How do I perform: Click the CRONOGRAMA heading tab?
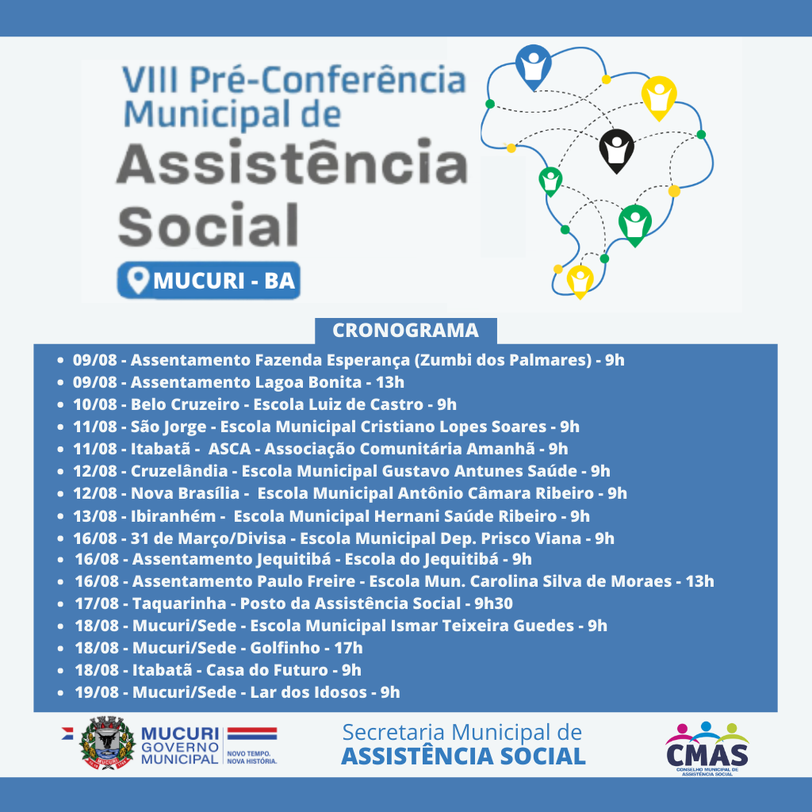pyautogui.click(x=405, y=331)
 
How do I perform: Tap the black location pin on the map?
pyautogui.click(x=616, y=151)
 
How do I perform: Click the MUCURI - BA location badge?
pyautogui.click(x=209, y=280)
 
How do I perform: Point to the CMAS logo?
pyautogui.click(x=707, y=748)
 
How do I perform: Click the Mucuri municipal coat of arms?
pyautogui.click(x=107, y=742)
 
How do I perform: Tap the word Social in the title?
pyautogui.click(x=209, y=225)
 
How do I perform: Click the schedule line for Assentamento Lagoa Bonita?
pyautogui.click(x=238, y=382)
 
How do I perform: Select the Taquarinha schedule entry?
pyautogui.click(x=293, y=603)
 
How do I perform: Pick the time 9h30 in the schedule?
pyautogui.click(x=493, y=603)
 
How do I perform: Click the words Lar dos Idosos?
pyautogui.click(x=308, y=691)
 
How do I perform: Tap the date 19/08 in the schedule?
pyautogui.click(x=97, y=691)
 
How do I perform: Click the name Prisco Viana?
pyautogui.click(x=530, y=538)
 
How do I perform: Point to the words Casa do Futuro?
pyautogui.click(x=266, y=670)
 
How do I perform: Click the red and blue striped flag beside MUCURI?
pyautogui.click(x=252, y=733)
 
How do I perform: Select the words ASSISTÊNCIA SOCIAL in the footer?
pyautogui.click(x=463, y=756)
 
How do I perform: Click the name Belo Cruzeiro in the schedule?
pyautogui.click(x=185, y=404)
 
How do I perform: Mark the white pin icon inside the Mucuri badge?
pyautogui.click(x=138, y=280)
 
